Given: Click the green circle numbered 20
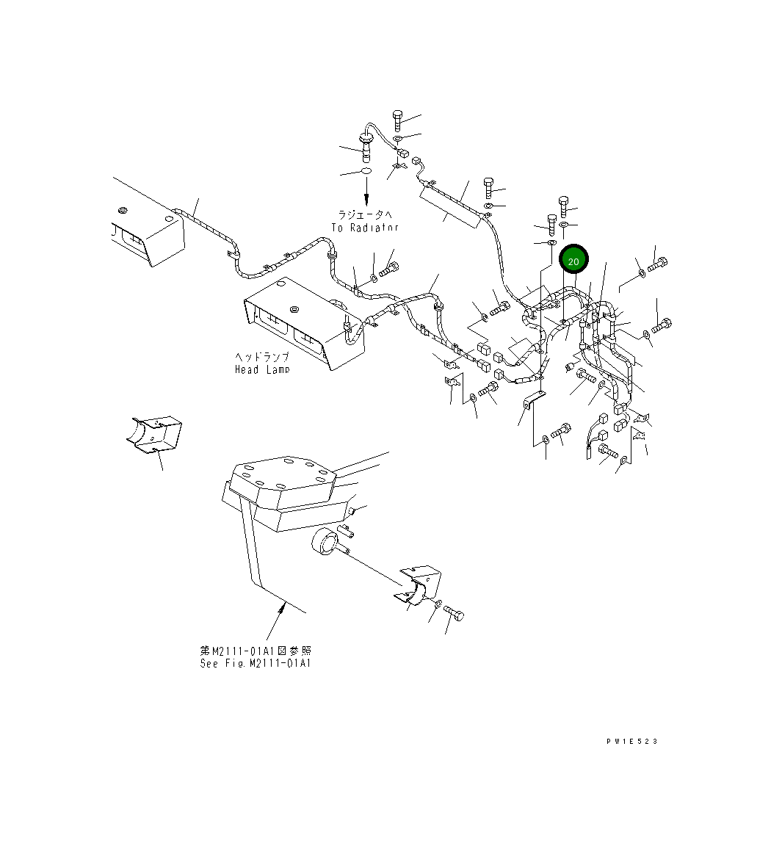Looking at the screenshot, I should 573,261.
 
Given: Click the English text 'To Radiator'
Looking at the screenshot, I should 364,228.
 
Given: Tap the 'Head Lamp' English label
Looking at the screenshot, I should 262,369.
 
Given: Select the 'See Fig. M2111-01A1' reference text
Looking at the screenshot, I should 256,663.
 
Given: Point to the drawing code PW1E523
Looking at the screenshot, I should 631,741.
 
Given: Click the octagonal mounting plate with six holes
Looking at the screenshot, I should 283,481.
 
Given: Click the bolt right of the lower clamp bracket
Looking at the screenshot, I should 455,614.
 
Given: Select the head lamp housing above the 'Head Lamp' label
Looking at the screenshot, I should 301,320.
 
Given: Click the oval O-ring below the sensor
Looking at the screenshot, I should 365,172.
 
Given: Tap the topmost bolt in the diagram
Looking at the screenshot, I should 397,119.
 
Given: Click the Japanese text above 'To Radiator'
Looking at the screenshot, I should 365,215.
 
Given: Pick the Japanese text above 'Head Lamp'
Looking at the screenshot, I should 262,357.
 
